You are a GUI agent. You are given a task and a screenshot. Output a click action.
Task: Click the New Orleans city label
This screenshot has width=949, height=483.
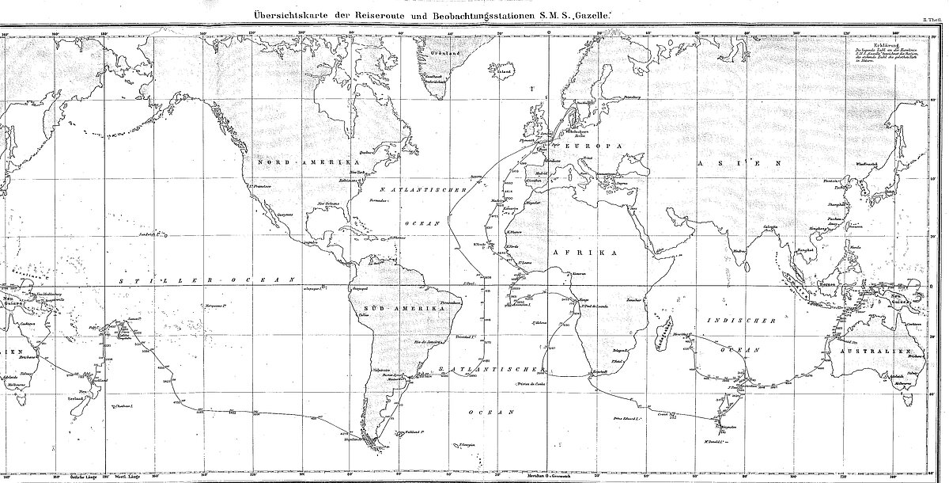331,203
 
